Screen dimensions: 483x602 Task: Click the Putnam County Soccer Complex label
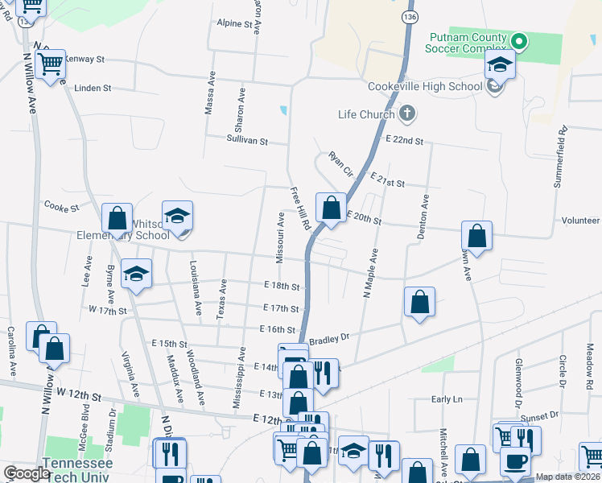click(x=468, y=43)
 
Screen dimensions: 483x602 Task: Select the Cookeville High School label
click(x=413, y=87)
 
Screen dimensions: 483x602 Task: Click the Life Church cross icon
click(x=406, y=114)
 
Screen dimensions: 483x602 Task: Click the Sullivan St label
click(x=246, y=140)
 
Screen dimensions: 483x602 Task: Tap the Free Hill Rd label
click(x=300, y=210)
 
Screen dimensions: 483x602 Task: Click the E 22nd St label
click(x=404, y=140)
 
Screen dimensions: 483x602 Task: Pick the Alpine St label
click(x=235, y=24)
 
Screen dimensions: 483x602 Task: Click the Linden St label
click(x=93, y=88)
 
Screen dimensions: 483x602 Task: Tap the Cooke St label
click(x=61, y=207)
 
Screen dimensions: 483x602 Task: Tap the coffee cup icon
click(x=516, y=462)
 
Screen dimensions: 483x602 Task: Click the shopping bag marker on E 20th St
click(x=331, y=208)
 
